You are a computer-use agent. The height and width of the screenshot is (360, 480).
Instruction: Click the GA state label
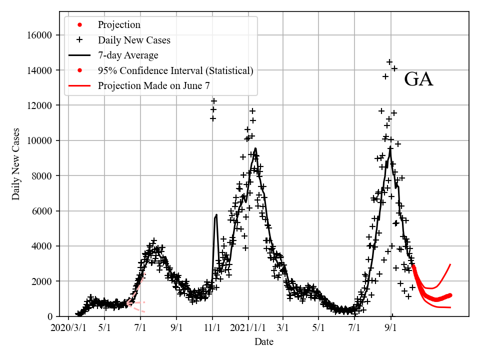[x=418, y=79]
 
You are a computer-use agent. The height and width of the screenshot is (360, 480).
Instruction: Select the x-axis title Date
[x=263, y=342]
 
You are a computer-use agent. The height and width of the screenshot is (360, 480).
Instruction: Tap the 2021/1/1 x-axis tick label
[x=248, y=328]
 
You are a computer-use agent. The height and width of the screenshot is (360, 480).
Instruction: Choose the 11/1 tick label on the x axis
[x=212, y=328]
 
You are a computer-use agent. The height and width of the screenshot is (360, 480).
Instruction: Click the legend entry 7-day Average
[x=128, y=55]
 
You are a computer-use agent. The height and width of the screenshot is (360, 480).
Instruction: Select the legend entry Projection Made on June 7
[x=153, y=85]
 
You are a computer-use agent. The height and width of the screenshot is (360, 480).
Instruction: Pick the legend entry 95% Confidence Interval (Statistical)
[x=175, y=70]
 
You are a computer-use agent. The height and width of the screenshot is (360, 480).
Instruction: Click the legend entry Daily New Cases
[x=133, y=40]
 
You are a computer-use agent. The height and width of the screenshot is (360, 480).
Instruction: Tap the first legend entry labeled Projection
[x=119, y=24]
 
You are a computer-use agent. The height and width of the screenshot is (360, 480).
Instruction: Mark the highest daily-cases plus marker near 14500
[x=389, y=62]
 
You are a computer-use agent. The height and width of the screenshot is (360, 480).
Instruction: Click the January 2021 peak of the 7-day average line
[x=255, y=148]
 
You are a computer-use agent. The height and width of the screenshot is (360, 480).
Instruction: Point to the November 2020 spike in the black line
[x=216, y=215]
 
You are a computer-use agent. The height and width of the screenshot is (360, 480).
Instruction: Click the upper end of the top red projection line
[x=450, y=264]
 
